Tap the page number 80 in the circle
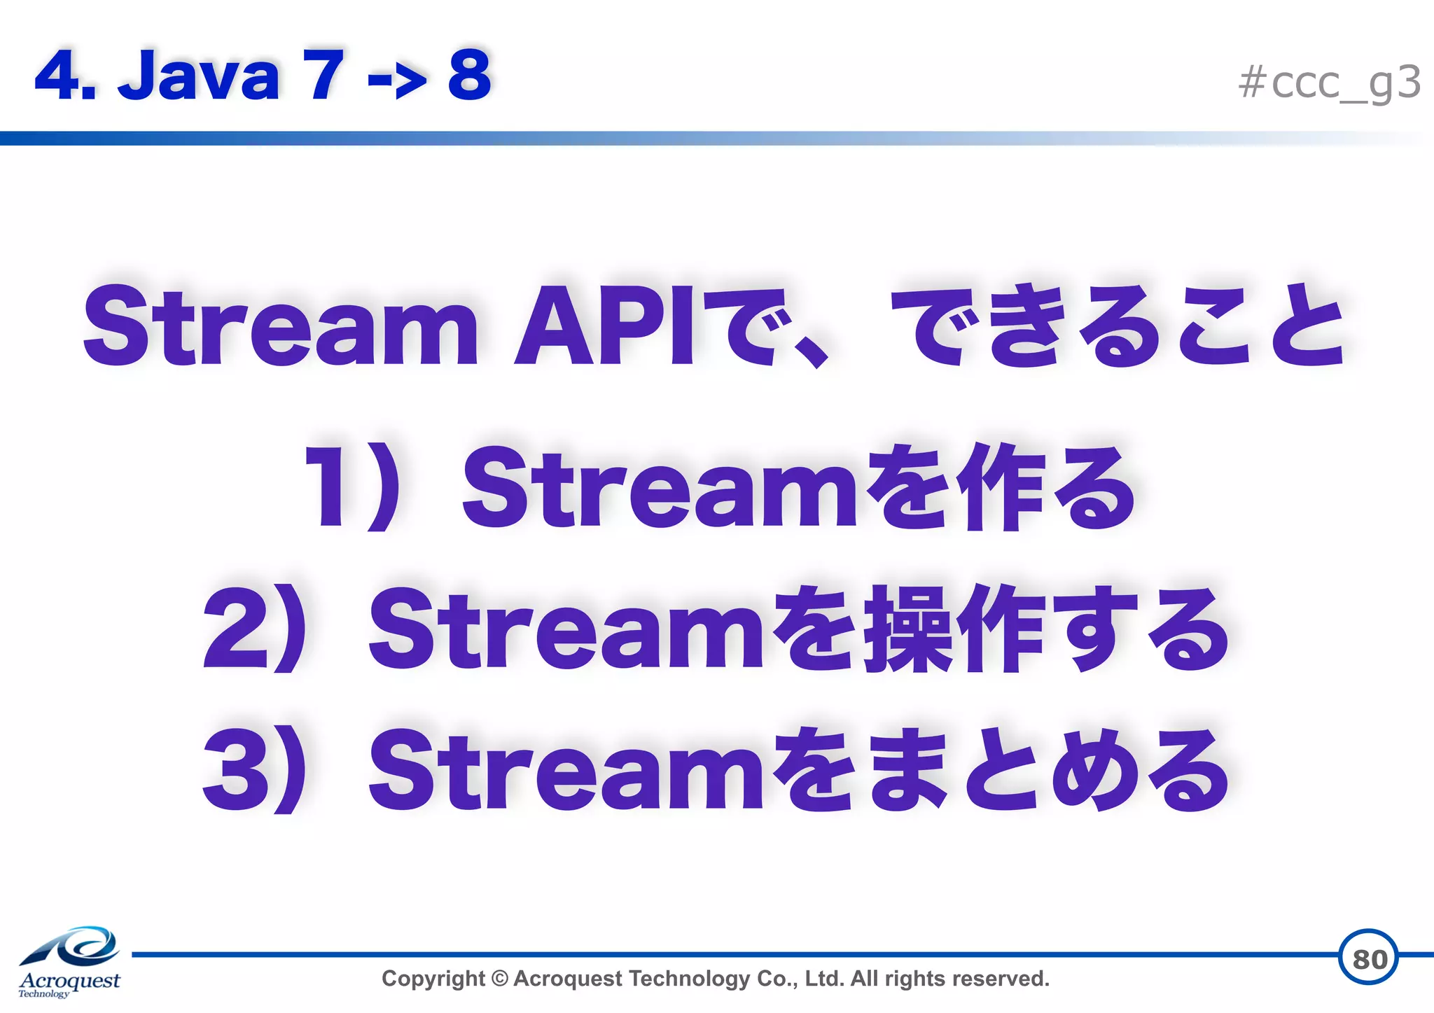click(x=1369, y=958)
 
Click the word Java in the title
click(x=199, y=75)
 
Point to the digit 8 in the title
click(x=469, y=75)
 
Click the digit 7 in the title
click(x=323, y=75)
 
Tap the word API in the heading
click(x=604, y=326)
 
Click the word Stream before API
click(x=280, y=326)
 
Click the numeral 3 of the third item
click(x=235, y=770)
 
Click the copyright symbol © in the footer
click(x=499, y=979)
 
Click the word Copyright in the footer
click(x=433, y=979)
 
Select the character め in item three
click(x=1092, y=770)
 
